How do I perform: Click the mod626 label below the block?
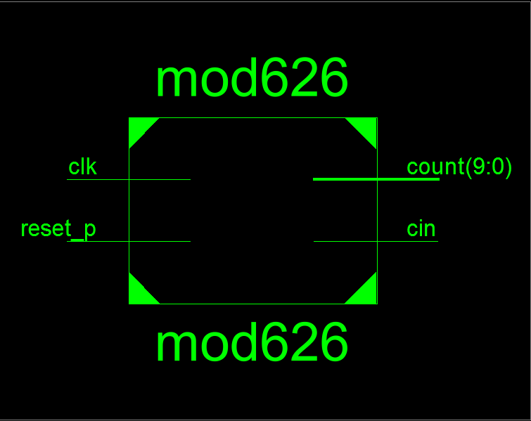coord(252,344)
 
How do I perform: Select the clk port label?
coord(82,167)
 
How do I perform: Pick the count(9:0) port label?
coord(459,167)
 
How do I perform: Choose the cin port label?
coord(421,229)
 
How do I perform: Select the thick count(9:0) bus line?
coord(376,179)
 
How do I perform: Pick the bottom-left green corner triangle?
coord(139,293)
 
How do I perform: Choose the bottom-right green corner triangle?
coord(366,293)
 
